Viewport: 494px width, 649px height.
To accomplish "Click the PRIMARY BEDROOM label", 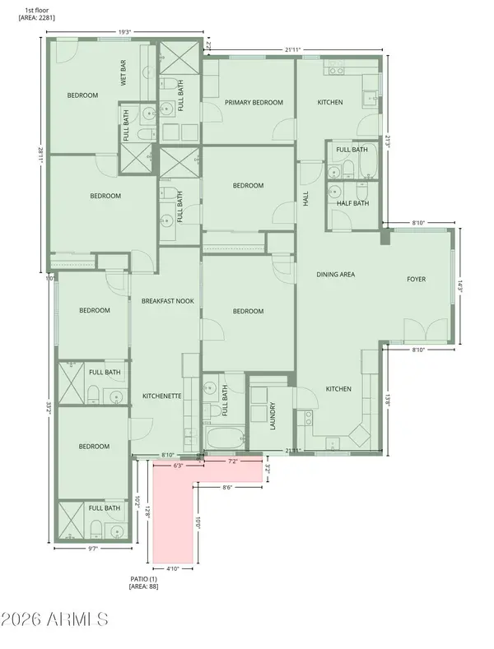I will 254,103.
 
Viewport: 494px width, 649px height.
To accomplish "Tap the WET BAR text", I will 124,73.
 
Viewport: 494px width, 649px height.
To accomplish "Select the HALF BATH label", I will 353,204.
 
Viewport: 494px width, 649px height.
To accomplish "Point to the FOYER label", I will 417,279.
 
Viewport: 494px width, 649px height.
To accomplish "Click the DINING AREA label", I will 336,274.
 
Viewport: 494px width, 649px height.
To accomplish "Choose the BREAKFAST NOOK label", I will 167,301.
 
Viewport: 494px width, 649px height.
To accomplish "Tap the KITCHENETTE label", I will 162,396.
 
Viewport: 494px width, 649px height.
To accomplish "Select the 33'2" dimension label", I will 49,410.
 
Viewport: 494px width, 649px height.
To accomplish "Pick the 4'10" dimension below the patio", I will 173,568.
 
